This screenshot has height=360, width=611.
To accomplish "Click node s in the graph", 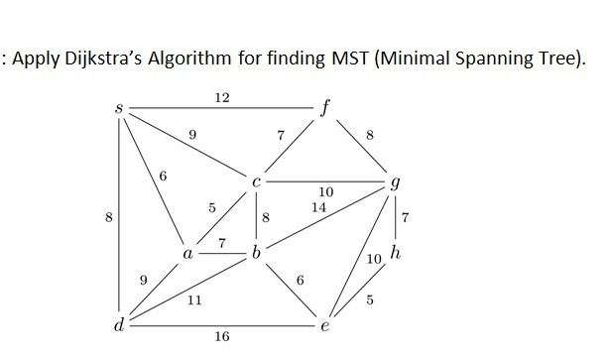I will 119,105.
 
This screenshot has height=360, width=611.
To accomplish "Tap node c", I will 257,181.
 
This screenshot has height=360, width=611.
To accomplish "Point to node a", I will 187,254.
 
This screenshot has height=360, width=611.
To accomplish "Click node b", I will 257,254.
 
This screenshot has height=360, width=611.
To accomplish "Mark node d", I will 119,325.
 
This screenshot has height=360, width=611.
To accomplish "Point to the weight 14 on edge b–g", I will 317,208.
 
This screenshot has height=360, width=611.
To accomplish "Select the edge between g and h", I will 397,218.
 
